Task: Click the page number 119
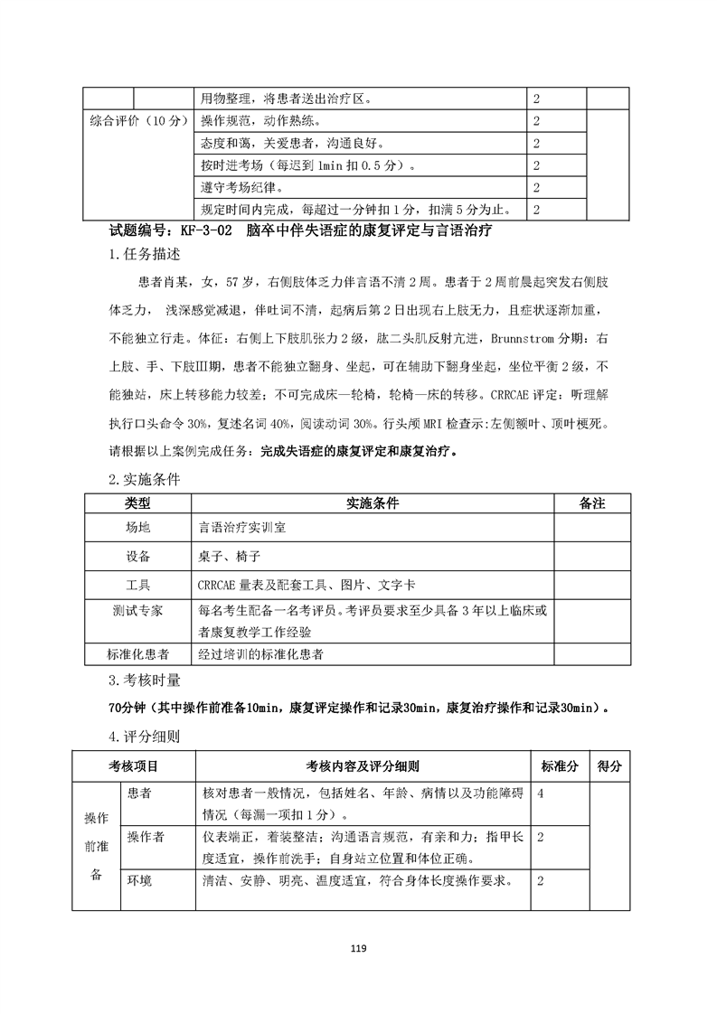[358, 948]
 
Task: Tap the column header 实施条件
[373, 502]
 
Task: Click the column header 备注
[591, 502]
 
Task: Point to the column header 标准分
[560, 766]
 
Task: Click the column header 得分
[609, 766]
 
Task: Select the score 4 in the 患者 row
[540, 793]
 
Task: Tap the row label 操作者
[146, 838]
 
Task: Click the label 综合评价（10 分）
[137, 120]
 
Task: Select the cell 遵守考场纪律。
[241, 188]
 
